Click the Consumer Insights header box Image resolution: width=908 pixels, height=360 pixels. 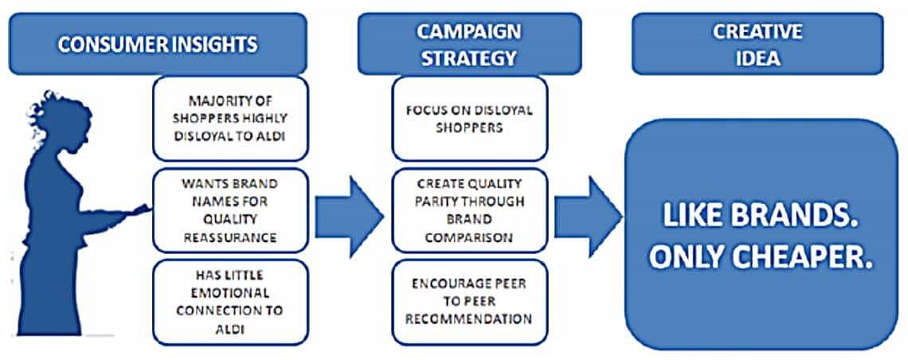157,44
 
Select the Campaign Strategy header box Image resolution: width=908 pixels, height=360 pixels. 468,44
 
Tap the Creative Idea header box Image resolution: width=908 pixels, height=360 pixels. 757,44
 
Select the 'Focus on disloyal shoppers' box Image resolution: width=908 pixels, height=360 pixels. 468,118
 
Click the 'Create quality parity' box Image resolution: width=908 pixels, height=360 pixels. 468,210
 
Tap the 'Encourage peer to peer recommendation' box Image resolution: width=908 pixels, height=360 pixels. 468,302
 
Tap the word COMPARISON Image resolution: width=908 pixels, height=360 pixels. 468,237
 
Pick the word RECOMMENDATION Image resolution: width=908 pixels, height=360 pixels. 468,319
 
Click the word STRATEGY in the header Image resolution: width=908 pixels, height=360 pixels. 468,57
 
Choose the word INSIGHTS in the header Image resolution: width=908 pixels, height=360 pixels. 213,44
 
